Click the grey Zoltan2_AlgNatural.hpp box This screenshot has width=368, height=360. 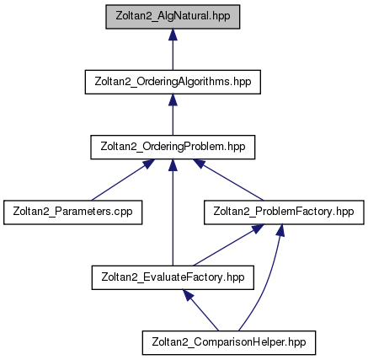pyautogui.click(x=173, y=17)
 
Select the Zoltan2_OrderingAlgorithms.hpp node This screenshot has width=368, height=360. pyautogui.click(x=173, y=82)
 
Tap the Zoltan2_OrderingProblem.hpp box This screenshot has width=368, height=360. pyautogui.click(x=173, y=147)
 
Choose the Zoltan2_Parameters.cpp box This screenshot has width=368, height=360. pyautogui.click(x=72, y=212)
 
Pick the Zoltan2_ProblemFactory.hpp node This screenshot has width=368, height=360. pyautogui.click(x=284, y=212)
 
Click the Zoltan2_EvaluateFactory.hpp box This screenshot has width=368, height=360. pyautogui.click(x=173, y=277)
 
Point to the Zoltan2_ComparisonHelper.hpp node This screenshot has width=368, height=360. pyautogui.click(x=229, y=342)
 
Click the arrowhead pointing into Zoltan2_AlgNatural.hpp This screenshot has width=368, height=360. pyautogui.click(x=173, y=35)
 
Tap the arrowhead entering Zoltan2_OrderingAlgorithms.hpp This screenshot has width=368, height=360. pyautogui.click(x=173, y=99)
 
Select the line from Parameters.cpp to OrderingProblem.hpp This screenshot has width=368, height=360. pyautogui.click(x=120, y=182)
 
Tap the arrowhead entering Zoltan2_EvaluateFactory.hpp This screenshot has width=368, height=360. pyautogui.click(x=189, y=296)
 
